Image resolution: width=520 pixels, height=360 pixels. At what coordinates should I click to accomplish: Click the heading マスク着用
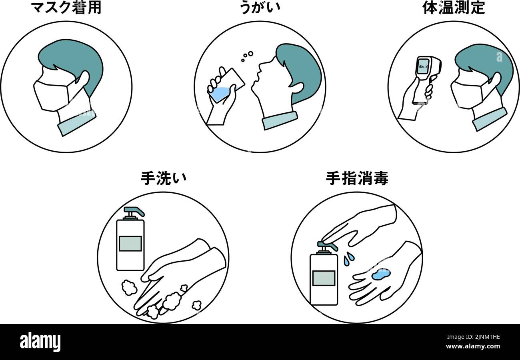point(66,8)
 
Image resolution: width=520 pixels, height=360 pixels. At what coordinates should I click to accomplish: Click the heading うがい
point(260,8)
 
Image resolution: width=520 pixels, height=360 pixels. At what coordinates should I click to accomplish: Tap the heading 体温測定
point(454,8)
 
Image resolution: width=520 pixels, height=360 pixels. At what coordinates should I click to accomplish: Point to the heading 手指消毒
point(357,178)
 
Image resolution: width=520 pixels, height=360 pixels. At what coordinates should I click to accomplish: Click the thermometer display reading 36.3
point(422,66)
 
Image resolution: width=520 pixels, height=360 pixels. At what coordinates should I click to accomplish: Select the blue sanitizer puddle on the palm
point(380,274)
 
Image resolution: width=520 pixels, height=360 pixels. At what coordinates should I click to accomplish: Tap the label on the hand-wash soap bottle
point(130,243)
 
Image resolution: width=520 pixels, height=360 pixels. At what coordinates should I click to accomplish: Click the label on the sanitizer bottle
point(324,278)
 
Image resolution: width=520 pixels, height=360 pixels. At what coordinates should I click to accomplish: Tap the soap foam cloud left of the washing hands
point(129,287)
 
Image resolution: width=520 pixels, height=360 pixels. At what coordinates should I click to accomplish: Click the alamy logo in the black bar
point(40,342)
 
